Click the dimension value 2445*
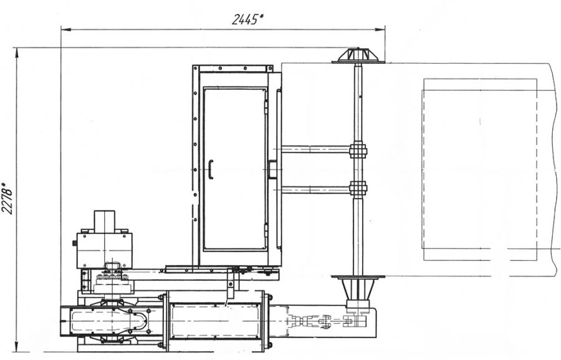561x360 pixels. tap(247, 19)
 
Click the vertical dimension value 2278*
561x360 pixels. tap(7, 198)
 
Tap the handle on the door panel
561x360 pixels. tap(211, 169)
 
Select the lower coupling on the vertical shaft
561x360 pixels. tap(358, 187)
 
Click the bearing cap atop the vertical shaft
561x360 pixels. tap(358, 55)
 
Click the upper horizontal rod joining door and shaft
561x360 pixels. tap(315, 149)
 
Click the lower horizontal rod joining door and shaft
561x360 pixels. tap(315, 188)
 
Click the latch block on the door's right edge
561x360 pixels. tap(272, 169)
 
